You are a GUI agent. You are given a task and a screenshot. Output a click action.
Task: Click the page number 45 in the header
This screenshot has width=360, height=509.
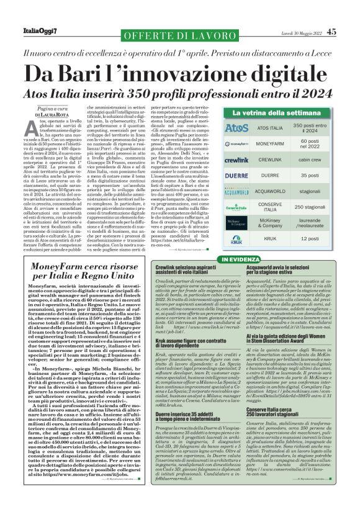(331, 32)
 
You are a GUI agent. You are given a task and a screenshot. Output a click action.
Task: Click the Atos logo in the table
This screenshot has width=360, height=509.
(236, 129)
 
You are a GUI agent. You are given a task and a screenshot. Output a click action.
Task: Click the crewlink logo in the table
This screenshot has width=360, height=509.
(236, 160)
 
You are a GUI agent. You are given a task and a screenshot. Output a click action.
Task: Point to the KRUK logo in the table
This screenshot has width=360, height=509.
(236, 238)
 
